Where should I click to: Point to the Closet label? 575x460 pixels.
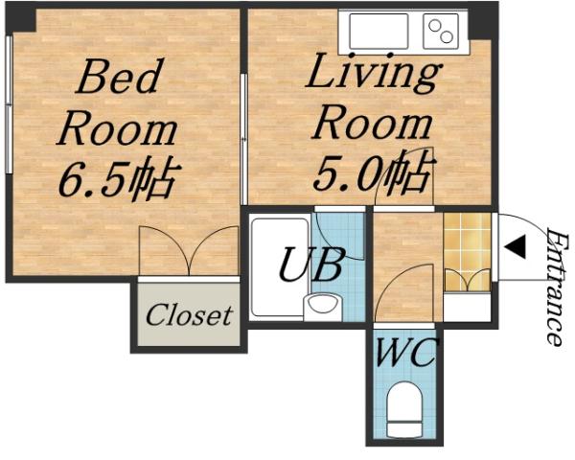coord(189,314)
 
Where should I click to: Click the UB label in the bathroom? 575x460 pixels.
coord(310,264)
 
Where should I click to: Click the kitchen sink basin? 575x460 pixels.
coord(379,32)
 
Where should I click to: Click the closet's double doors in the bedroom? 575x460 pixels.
coord(189,251)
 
